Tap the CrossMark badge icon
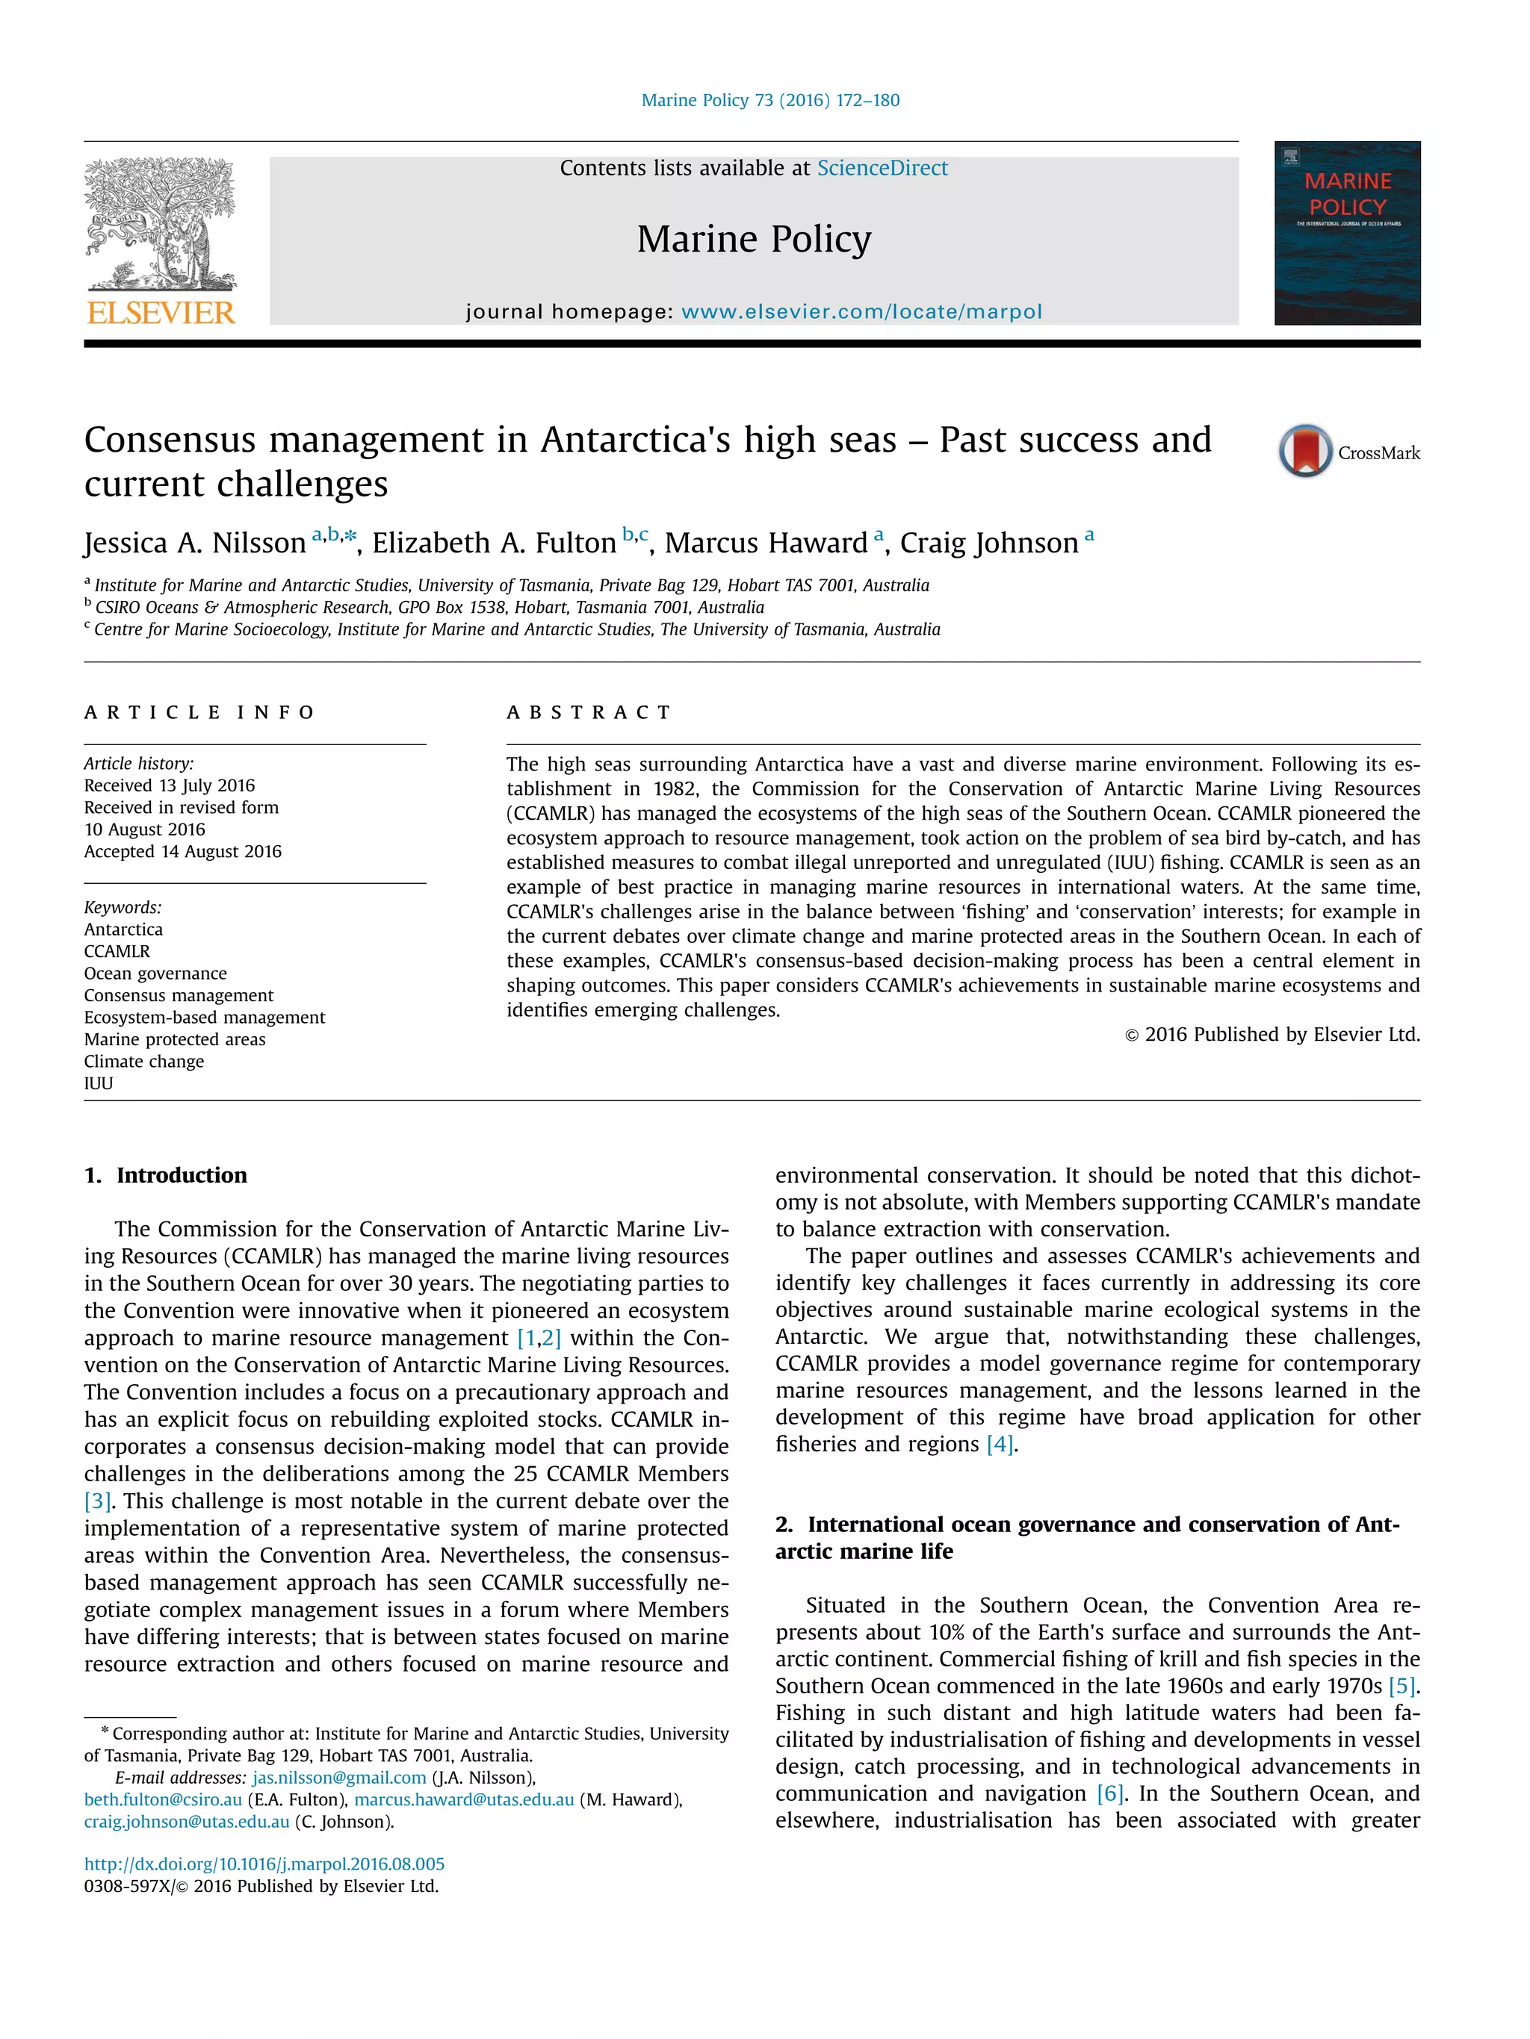coord(1304,451)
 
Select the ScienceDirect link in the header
coord(882,168)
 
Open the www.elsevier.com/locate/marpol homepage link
coord(861,311)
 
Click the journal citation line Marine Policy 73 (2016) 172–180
coord(770,101)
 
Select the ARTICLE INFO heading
coord(199,712)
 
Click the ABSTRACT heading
coord(589,712)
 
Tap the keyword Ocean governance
coord(155,974)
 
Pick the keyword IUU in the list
coord(99,1083)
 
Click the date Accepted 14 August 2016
coord(182,852)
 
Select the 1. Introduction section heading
coord(166,1175)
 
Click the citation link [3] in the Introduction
coord(97,1501)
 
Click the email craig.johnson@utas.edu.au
coord(186,1822)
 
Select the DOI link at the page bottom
coord(264,1864)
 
